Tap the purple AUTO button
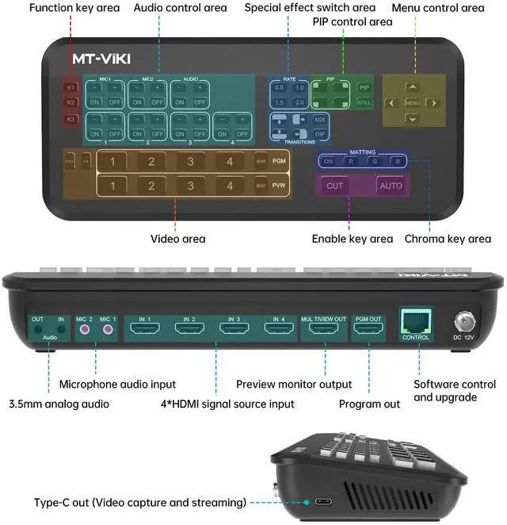pyautogui.click(x=391, y=186)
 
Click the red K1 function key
pyautogui.click(x=71, y=86)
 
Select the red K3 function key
pyautogui.click(x=71, y=120)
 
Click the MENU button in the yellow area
pyautogui.click(x=412, y=102)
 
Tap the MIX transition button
pyautogui.click(x=319, y=119)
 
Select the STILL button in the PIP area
pyautogui.click(x=364, y=102)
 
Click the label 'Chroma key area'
pyautogui.click(x=448, y=239)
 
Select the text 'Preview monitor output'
pyautogui.click(x=294, y=385)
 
